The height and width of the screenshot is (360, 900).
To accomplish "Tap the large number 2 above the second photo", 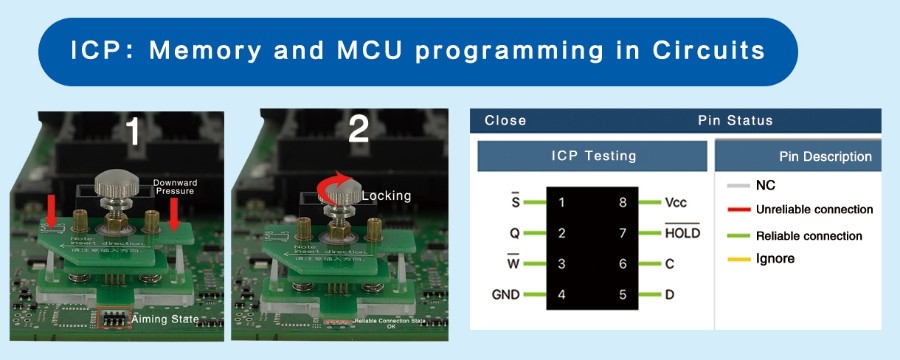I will click(358, 128).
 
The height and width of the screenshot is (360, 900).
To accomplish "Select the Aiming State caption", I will click(166, 319).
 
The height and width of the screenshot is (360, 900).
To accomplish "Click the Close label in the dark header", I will click(505, 120).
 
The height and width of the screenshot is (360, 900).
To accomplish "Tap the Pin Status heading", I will click(735, 120).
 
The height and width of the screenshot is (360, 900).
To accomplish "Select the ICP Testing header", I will click(594, 156).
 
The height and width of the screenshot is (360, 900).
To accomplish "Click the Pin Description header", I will click(825, 157).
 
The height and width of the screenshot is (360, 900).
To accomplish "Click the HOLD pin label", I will click(682, 233).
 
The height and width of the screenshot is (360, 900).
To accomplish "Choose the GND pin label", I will click(505, 295).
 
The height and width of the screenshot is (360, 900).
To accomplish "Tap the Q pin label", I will click(515, 233).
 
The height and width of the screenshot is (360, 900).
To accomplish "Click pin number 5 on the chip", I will click(622, 295).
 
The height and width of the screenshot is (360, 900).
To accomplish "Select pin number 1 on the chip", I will click(562, 202).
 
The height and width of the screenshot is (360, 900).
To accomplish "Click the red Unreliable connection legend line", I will click(739, 210).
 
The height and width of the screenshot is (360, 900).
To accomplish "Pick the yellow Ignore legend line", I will click(739, 259).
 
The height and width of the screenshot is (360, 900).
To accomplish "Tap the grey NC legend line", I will click(739, 186).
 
